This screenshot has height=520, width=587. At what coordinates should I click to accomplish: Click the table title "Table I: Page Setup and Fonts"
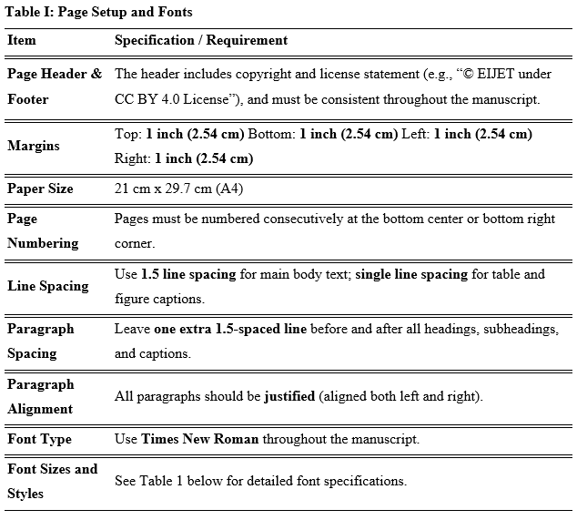(99, 12)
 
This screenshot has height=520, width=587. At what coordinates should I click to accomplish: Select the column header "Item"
(22, 40)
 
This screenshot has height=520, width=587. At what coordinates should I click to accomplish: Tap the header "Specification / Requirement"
(200, 40)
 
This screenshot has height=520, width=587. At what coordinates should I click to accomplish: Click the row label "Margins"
(34, 146)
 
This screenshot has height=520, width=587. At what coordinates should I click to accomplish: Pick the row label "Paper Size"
(40, 189)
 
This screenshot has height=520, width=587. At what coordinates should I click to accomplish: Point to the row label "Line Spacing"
(48, 286)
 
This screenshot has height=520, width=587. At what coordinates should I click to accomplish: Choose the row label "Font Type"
(39, 439)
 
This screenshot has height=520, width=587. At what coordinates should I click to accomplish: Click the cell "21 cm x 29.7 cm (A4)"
(178, 189)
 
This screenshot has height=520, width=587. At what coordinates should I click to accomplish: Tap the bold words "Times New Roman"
(199, 439)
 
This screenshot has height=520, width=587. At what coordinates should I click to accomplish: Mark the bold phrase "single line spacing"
(411, 274)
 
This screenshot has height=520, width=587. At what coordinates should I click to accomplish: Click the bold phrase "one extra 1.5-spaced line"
(224, 329)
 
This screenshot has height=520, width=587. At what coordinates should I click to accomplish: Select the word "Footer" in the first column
(28, 98)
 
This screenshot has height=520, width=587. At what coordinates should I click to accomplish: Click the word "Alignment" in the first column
(40, 409)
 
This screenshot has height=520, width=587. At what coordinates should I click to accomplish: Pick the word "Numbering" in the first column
(43, 243)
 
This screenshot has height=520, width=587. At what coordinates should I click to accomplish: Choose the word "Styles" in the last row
(25, 494)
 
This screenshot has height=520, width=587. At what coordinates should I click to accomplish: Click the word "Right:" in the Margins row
(133, 158)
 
